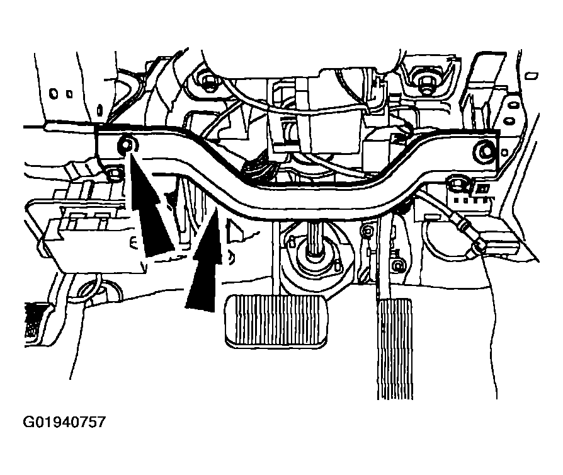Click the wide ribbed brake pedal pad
[276, 321]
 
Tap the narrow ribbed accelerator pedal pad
[395, 348]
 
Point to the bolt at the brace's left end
[127, 144]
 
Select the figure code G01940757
[64, 422]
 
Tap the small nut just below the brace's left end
[114, 174]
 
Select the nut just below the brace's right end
[457, 184]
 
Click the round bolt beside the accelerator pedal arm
[397, 266]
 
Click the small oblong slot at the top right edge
[532, 76]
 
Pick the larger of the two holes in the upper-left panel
[54, 93]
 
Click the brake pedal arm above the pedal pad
[276, 259]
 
